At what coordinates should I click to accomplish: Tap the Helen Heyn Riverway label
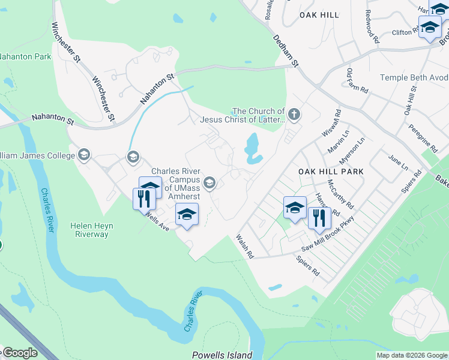92,230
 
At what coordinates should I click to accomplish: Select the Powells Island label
222,355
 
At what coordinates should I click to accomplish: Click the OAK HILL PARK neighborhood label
331,172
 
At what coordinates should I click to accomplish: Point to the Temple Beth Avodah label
415,78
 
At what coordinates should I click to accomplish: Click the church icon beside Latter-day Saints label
294,113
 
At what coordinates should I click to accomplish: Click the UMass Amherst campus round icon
209,183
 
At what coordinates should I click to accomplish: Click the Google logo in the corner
19,352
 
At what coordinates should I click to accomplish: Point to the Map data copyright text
411,355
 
